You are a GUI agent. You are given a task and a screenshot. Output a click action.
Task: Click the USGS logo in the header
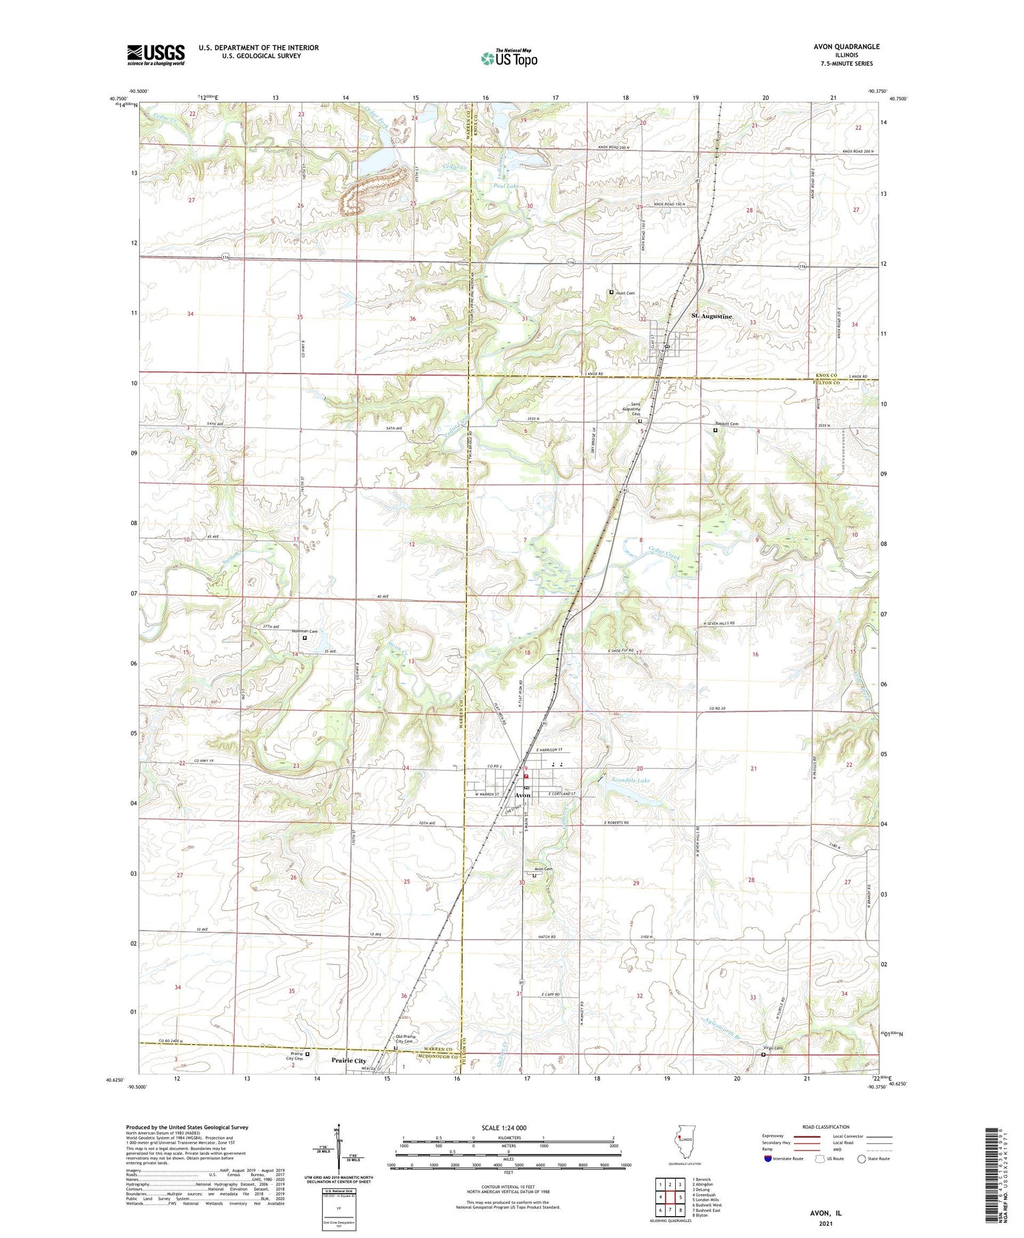coord(156,55)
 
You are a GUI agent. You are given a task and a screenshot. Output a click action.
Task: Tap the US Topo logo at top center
coord(509,58)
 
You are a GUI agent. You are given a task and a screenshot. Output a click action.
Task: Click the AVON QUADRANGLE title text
coord(846,46)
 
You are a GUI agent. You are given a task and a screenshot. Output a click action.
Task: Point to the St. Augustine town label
coord(711,316)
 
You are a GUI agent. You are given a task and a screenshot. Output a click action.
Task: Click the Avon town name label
coord(522,796)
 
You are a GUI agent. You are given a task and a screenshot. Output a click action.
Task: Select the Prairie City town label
coord(349,1060)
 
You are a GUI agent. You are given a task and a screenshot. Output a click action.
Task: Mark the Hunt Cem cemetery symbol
coord(612,292)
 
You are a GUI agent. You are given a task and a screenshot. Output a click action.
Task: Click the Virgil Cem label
coord(773,1048)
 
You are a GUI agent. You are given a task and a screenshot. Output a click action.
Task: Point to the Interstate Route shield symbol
coord(768,1159)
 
